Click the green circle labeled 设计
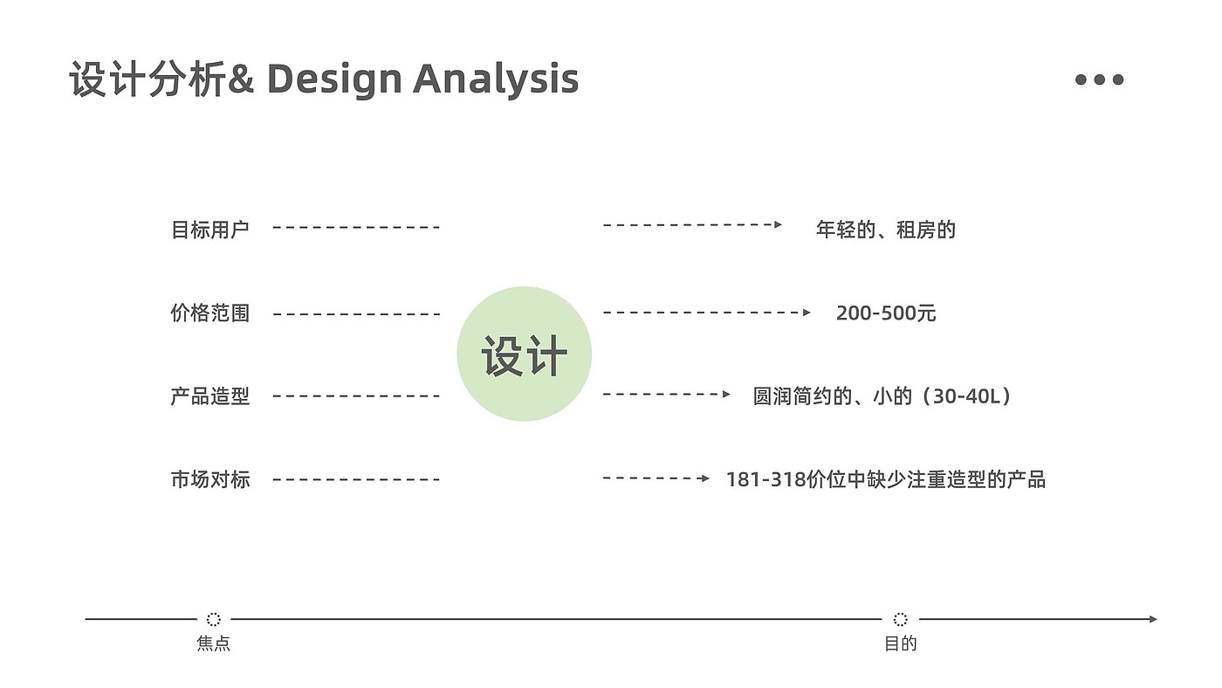click(524, 354)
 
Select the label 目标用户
click(209, 230)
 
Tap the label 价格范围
click(209, 313)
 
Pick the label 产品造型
click(209, 396)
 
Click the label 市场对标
click(209, 479)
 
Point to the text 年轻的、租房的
click(885, 230)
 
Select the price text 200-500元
click(885, 313)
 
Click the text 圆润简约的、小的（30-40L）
click(883, 396)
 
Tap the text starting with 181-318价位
click(885, 479)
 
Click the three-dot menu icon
click(1099, 79)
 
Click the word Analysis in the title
click(495, 79)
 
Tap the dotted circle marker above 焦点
click(214, 619)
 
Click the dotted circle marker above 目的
click(901, 619)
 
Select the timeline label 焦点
click(214, 644)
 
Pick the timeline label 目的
click(901, 644)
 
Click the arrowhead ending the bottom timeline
click(1152, 619)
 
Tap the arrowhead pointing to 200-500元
click(807, 312)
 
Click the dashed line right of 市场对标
click(356, 479)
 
